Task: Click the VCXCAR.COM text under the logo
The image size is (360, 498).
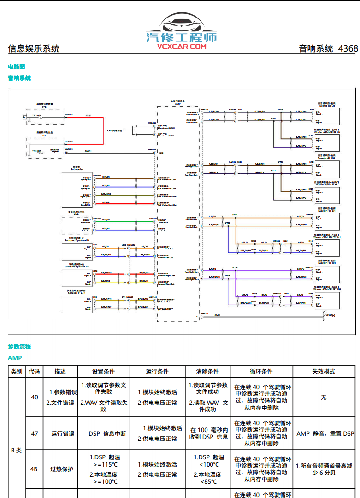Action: pos(181,46)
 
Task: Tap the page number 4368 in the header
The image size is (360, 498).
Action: pos(348,48)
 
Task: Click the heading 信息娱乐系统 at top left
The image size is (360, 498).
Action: pos(34,48)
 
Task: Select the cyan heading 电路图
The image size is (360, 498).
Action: pos(17,67)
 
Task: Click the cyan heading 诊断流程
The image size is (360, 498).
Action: pos(19,346)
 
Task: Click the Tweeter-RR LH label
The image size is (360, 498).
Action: pos(327,106)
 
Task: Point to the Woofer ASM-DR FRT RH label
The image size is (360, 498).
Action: pos(327,289)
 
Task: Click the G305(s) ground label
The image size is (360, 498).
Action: pos(330,316)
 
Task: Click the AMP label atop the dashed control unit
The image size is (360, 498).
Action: pos(177,104)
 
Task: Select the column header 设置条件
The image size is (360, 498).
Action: pos(103,372)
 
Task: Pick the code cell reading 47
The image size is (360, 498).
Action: pos(35,433)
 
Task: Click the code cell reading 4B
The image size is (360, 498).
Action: pos(35,469)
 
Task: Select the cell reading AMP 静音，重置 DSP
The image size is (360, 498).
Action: pos(325,433)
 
